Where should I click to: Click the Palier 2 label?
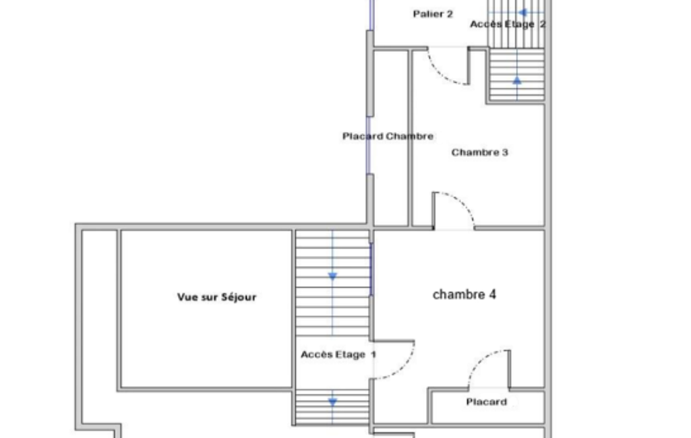(433, 14)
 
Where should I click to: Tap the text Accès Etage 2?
(508, 24)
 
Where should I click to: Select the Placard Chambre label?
(388, 136)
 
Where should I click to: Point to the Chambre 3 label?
(479, 152)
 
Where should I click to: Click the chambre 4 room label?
(464, 294)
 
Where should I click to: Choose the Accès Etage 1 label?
(338, 354)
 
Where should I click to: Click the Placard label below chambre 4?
(487, 402)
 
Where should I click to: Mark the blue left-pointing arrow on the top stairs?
(522, 12)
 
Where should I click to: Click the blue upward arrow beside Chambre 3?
(517, 81)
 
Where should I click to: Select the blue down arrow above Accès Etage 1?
(333, 276)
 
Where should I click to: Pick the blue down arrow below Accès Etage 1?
(333, 402)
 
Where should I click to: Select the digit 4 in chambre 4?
(492, 294)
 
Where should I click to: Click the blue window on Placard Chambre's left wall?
(368, 146)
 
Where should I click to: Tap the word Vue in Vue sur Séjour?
(187, 297)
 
